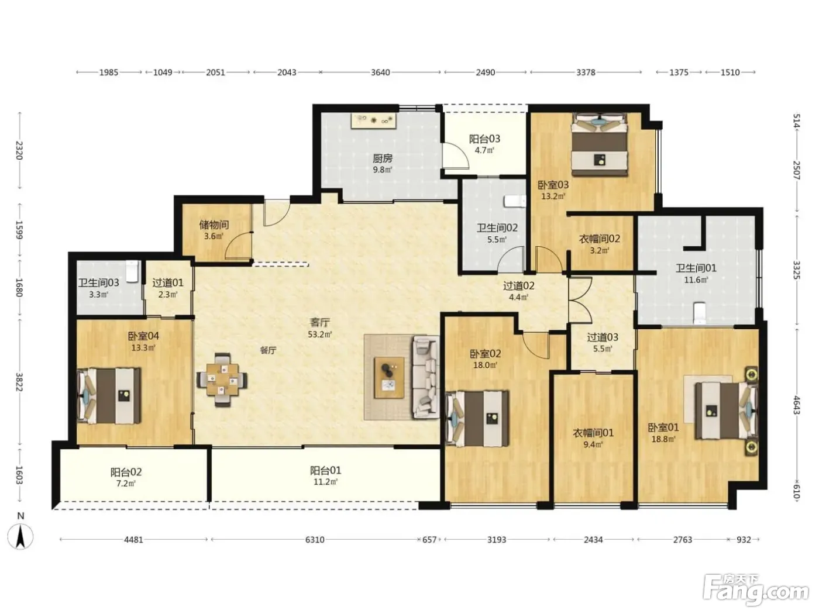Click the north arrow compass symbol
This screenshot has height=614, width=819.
pos(20,536)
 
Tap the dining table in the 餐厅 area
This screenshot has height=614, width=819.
pos(222,380)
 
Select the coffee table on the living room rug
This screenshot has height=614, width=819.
pos(389,378)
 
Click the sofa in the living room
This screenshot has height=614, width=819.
pos(426,377)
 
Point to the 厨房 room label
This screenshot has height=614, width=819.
pos(383,159)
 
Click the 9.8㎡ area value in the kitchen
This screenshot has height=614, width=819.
pos(383,170)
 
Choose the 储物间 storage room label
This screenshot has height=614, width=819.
pos(214,225)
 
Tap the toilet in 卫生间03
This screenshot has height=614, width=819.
pos(132,271)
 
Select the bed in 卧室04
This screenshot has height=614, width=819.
pos(109,396)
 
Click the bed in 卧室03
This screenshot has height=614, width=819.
pos(600,144)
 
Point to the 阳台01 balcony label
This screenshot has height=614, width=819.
pos(325,471)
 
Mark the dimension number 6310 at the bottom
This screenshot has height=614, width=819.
pos(315,539)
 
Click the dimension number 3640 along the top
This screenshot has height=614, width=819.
pos(380,73)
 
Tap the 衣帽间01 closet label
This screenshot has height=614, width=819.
pos(593,433)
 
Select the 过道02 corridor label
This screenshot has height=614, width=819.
pos(519,286)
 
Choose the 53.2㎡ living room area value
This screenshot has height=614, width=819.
pos(320,334)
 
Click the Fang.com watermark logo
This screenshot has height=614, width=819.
pos(755,591)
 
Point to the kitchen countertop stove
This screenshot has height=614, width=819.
pos(373,121)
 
